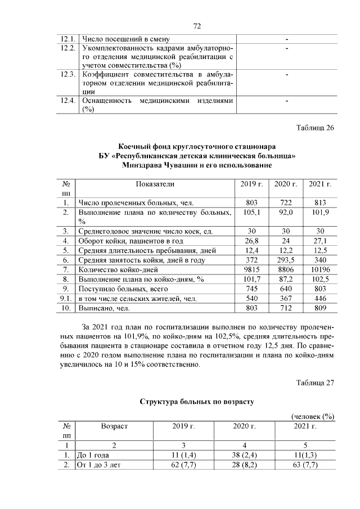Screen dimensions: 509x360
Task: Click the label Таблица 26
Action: tap(316, 127)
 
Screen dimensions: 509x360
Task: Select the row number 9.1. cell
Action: tap(66, 299)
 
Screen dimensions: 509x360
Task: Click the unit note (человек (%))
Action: tap(313, 416)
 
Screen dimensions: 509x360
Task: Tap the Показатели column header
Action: tap(155, 184)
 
